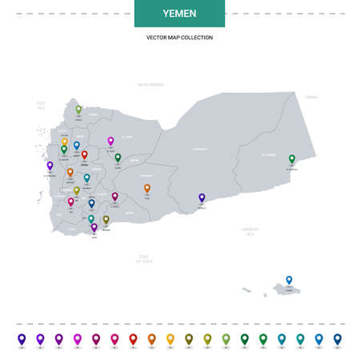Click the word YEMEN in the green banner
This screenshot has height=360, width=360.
click(x=179, y=14)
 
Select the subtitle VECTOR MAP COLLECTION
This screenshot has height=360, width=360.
click(x=179, y=38)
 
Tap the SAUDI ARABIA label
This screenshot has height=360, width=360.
click(x=150, y=84)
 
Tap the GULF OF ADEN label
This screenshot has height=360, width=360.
click(x=144, y=258)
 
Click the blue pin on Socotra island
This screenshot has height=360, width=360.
click(x=290, y=280)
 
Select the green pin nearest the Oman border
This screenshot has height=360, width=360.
click(x=292, y=159)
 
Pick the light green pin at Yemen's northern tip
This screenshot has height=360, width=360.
click(x=78, y=110)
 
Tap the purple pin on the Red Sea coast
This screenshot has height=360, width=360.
click(x=50, y=166)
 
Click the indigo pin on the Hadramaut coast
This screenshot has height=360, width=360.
click(x=202, y=198)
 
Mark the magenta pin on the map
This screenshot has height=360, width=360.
click(x=111, y=141)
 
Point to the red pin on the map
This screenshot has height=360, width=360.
click(x=85, y=154)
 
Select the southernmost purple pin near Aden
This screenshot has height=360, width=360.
click(x=94, y=227)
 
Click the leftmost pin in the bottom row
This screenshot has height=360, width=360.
click(x=22, y=338)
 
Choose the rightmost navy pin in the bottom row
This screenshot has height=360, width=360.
click(x=338, y=338)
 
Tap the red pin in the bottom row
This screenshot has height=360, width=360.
click(x=133, y=338)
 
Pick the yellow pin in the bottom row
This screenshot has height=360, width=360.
click(x=170, y=338)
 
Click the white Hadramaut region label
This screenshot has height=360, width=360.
click(x=200, y=149)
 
